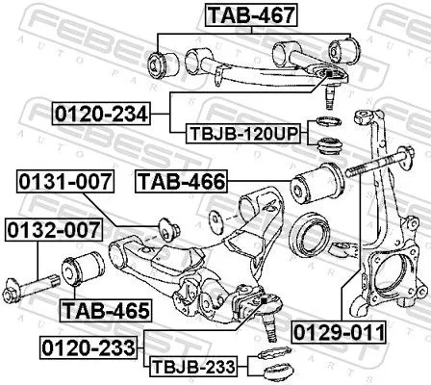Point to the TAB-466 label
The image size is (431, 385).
pos(181,180)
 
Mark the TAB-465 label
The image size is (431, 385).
pos(105,311)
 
